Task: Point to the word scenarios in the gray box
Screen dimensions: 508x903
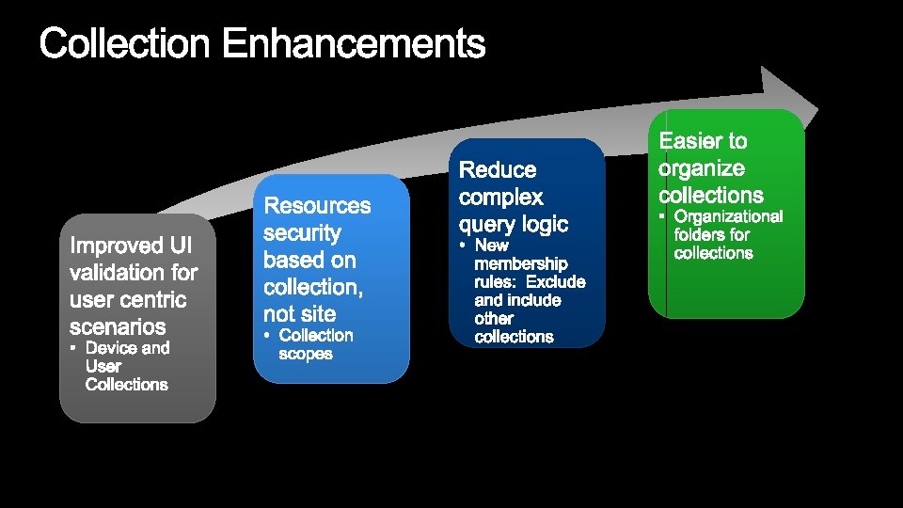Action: (x=118, y=327)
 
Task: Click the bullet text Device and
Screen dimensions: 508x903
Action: (x=128, y=348)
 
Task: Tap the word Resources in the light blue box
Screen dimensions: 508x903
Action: (x=318, y=205)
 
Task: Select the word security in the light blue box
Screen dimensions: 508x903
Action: (x=302, y=232)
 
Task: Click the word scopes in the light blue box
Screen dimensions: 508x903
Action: (x=306, y=354)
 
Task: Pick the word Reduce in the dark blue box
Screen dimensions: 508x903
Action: (x=498, y=170)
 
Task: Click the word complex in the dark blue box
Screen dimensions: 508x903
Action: (x=501, y=198)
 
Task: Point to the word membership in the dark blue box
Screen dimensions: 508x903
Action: (x=521, y=263)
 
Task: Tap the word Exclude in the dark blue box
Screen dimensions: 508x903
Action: (x=556, y=281)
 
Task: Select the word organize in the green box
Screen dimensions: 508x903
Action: (x=702, y=168)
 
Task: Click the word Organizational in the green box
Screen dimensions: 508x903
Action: (x=729, y=216)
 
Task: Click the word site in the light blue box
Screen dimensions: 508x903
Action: (x=319, y=313)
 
